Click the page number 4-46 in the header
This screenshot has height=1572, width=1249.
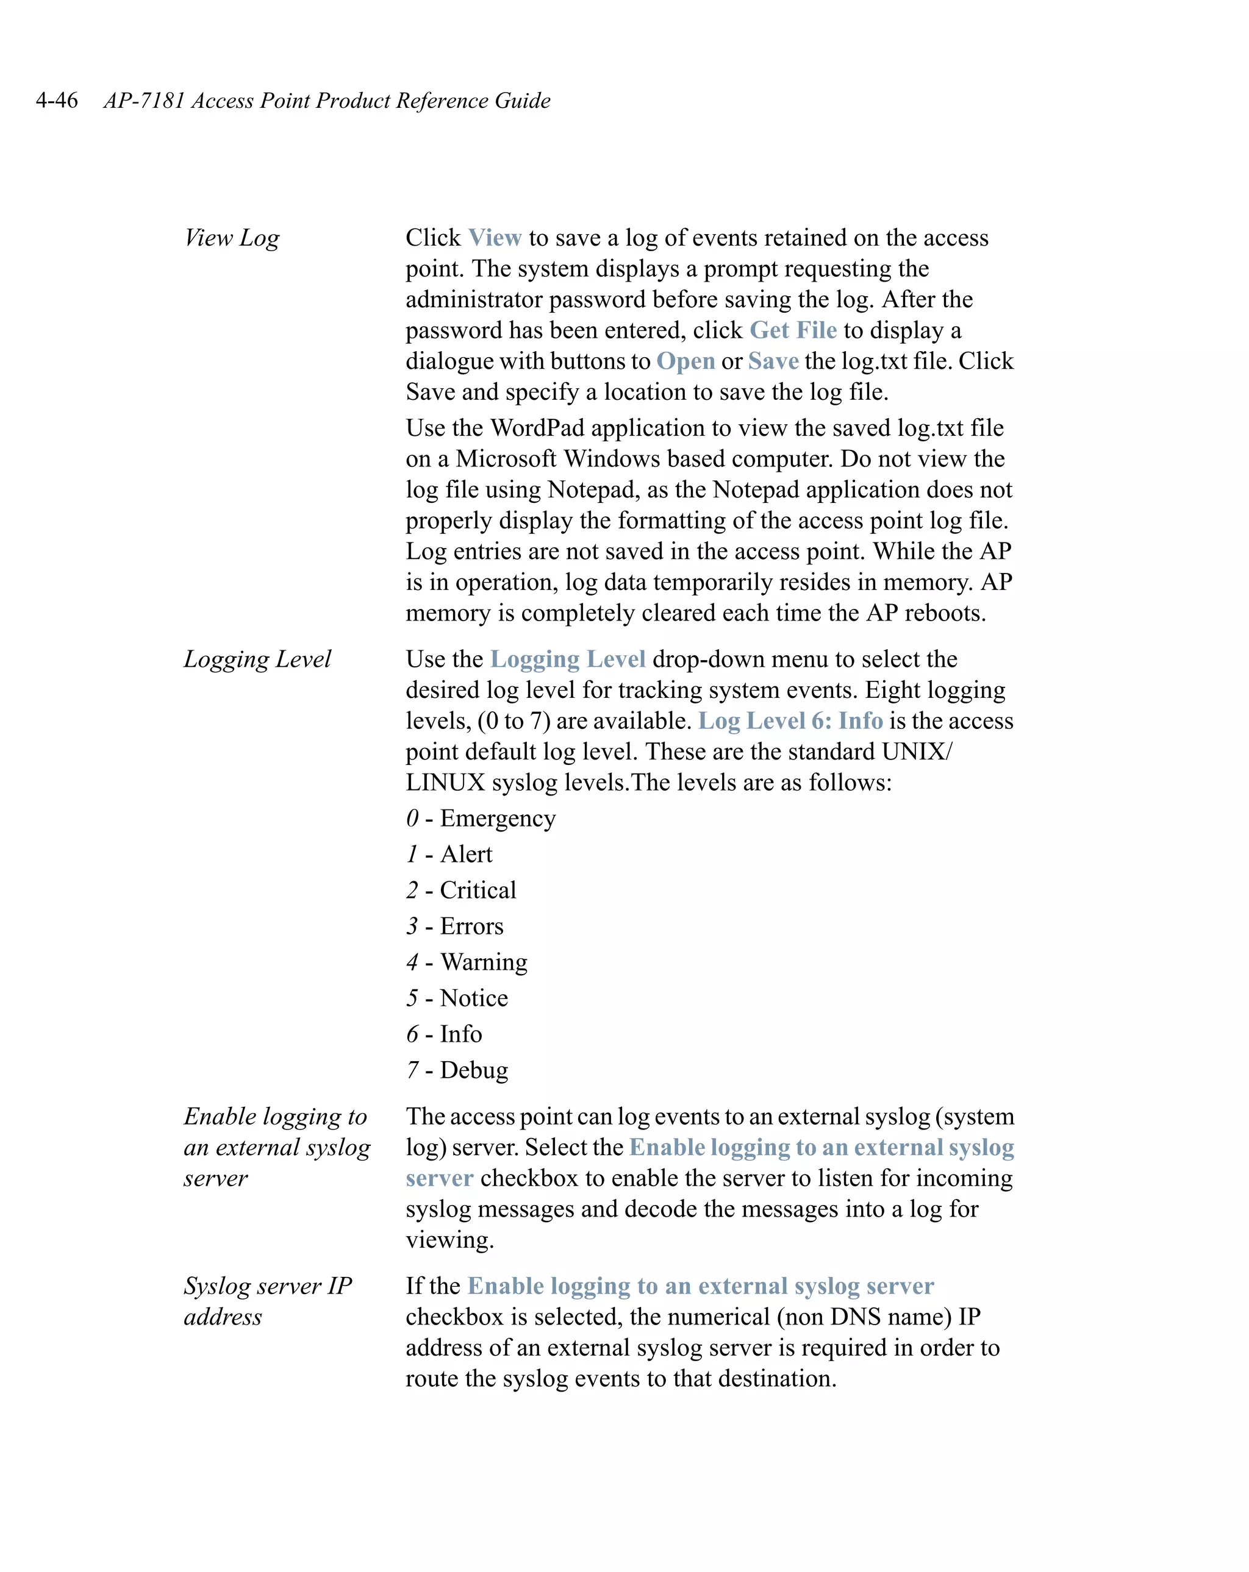56,100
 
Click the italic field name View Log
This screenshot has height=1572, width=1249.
231,238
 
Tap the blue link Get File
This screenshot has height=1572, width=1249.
792,330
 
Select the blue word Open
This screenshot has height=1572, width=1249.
685,361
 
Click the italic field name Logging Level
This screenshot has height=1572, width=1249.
257,659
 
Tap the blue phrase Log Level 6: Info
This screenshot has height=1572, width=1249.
790,720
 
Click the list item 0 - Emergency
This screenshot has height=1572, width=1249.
481,818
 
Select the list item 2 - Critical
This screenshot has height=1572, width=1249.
461,891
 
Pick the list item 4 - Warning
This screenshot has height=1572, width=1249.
466,962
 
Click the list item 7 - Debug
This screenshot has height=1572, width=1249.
457,1070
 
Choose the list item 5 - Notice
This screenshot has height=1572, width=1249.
457,998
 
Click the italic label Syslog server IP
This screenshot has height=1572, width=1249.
267,1286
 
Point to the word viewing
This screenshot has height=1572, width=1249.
449,1240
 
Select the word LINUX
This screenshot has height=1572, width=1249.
445,783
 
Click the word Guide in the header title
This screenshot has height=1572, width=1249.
523,100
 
